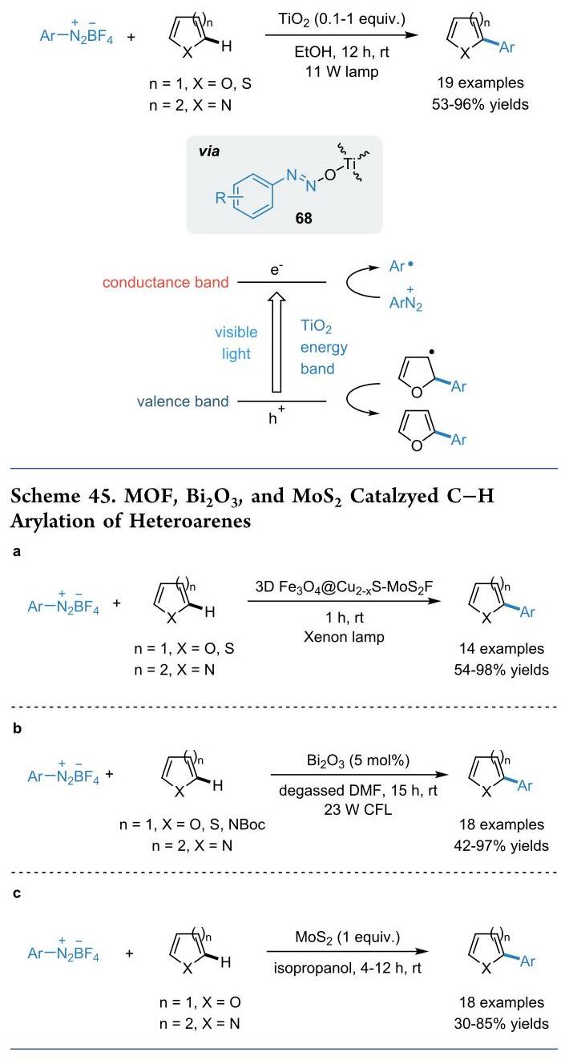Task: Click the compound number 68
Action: click(x=304, y=218)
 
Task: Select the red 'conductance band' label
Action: click(x=166, y=282)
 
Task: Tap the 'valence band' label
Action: click(x=183, y=401)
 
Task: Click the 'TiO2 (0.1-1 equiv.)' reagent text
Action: click(x=341, y=19)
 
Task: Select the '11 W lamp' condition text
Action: click(x=341, y=71)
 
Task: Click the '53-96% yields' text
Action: click(x=480, y=104)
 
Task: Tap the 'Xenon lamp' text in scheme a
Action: click(x=344, y=636)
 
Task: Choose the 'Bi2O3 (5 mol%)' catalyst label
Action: click(x=358, y=760)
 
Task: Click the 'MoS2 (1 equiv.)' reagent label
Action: click(x=347, y=937)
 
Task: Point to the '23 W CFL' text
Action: click(x=358, y=809)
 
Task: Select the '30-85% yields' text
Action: click(x=502, y=1024)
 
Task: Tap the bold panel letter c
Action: click(x=17, y=893)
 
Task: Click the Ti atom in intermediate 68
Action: click(x=349, y=163)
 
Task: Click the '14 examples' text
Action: click(x=502, y=648)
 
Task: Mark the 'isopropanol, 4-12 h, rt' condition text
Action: click(x=347, y=968)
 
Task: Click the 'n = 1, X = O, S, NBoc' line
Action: click(x=192, y=824)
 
